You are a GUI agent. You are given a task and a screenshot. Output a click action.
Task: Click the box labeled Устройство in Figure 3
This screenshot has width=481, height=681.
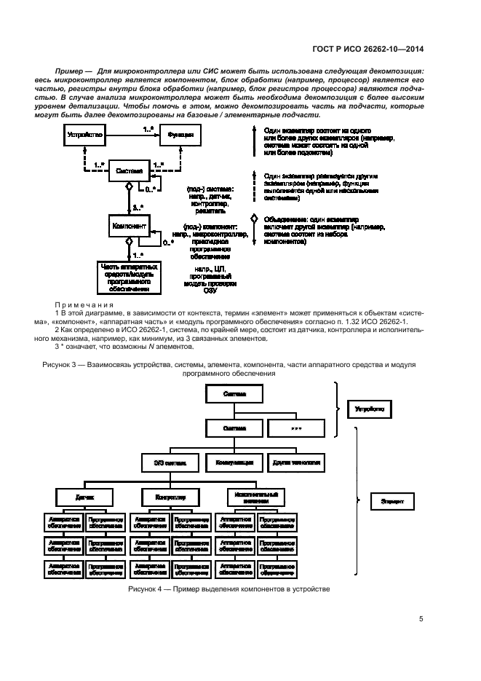click(x=84, y=135)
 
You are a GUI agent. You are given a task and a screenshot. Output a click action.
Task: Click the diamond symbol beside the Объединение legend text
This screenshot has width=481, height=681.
click(x=254, y=219)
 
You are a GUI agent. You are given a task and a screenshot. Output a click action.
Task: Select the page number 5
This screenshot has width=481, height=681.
click(x=421, y=620)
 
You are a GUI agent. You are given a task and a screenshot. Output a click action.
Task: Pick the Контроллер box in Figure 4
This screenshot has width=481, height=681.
click(x=171, y=497)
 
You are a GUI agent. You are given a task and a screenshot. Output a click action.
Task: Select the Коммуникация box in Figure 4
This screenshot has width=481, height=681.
click(x=233, y=462)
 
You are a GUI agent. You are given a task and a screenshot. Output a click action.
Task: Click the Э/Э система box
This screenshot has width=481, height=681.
click(x=169, y=462)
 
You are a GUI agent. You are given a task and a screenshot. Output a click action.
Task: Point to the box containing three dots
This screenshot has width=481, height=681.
click(x=295, y=428)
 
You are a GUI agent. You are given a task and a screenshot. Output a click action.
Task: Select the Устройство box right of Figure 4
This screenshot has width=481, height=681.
click(x=370, y=410)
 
